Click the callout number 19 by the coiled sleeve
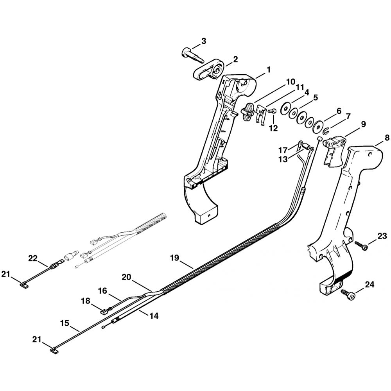pyautogui.click(x=174, y=258)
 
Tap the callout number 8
pyautogui.click(x=387, y=138)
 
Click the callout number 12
pyautogui.click(x=273, y=127)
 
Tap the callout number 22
pyautogui.click(x=33, y=258)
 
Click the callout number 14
pyautogui.click(x=154, y=316)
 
